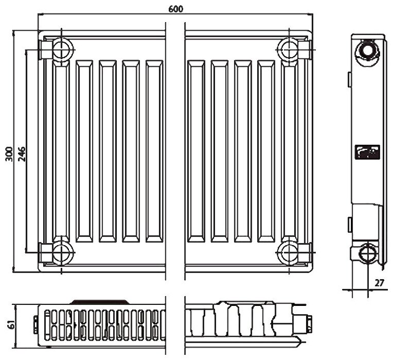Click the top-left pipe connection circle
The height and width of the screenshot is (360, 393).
61,49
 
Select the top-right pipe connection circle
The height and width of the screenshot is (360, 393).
290,49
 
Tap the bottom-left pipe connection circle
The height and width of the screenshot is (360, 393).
61,252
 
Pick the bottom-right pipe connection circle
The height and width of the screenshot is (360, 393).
290,252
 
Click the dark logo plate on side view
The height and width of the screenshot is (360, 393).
367,151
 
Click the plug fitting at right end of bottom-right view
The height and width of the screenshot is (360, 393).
308,323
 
